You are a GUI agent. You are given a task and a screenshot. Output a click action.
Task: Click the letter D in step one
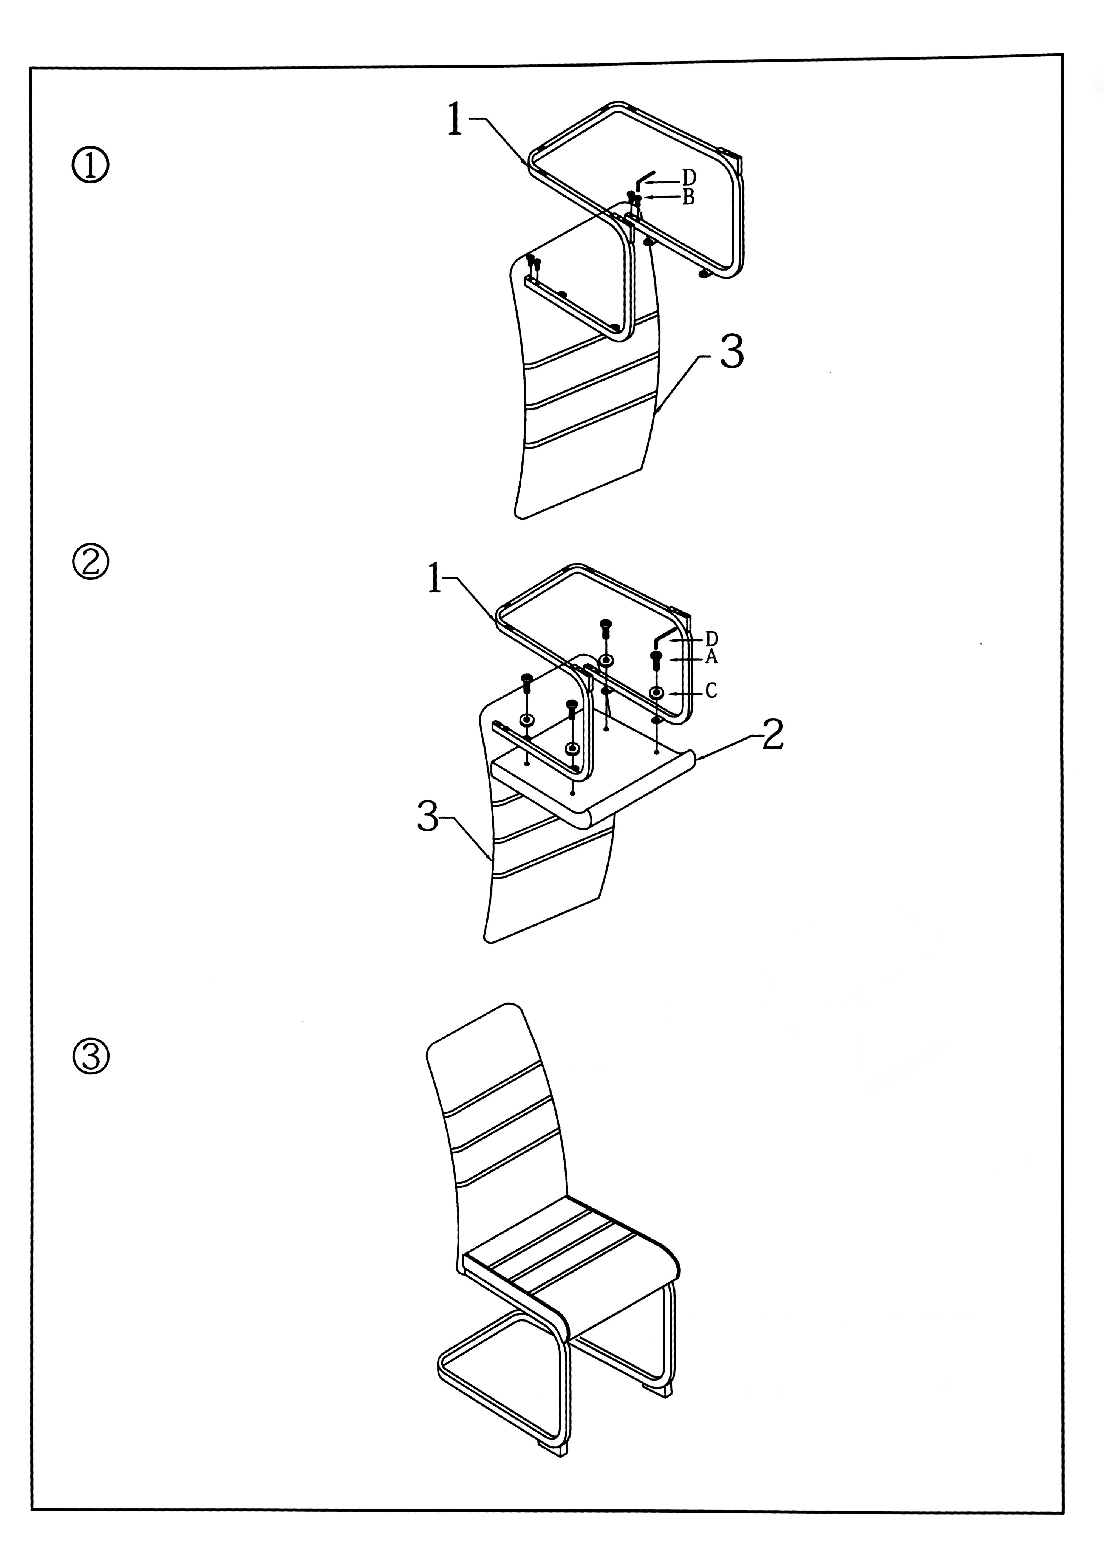point(689,178)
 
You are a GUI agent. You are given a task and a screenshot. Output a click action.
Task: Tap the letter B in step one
point(688,197)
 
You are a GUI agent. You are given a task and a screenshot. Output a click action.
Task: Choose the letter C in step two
point(711,691)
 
